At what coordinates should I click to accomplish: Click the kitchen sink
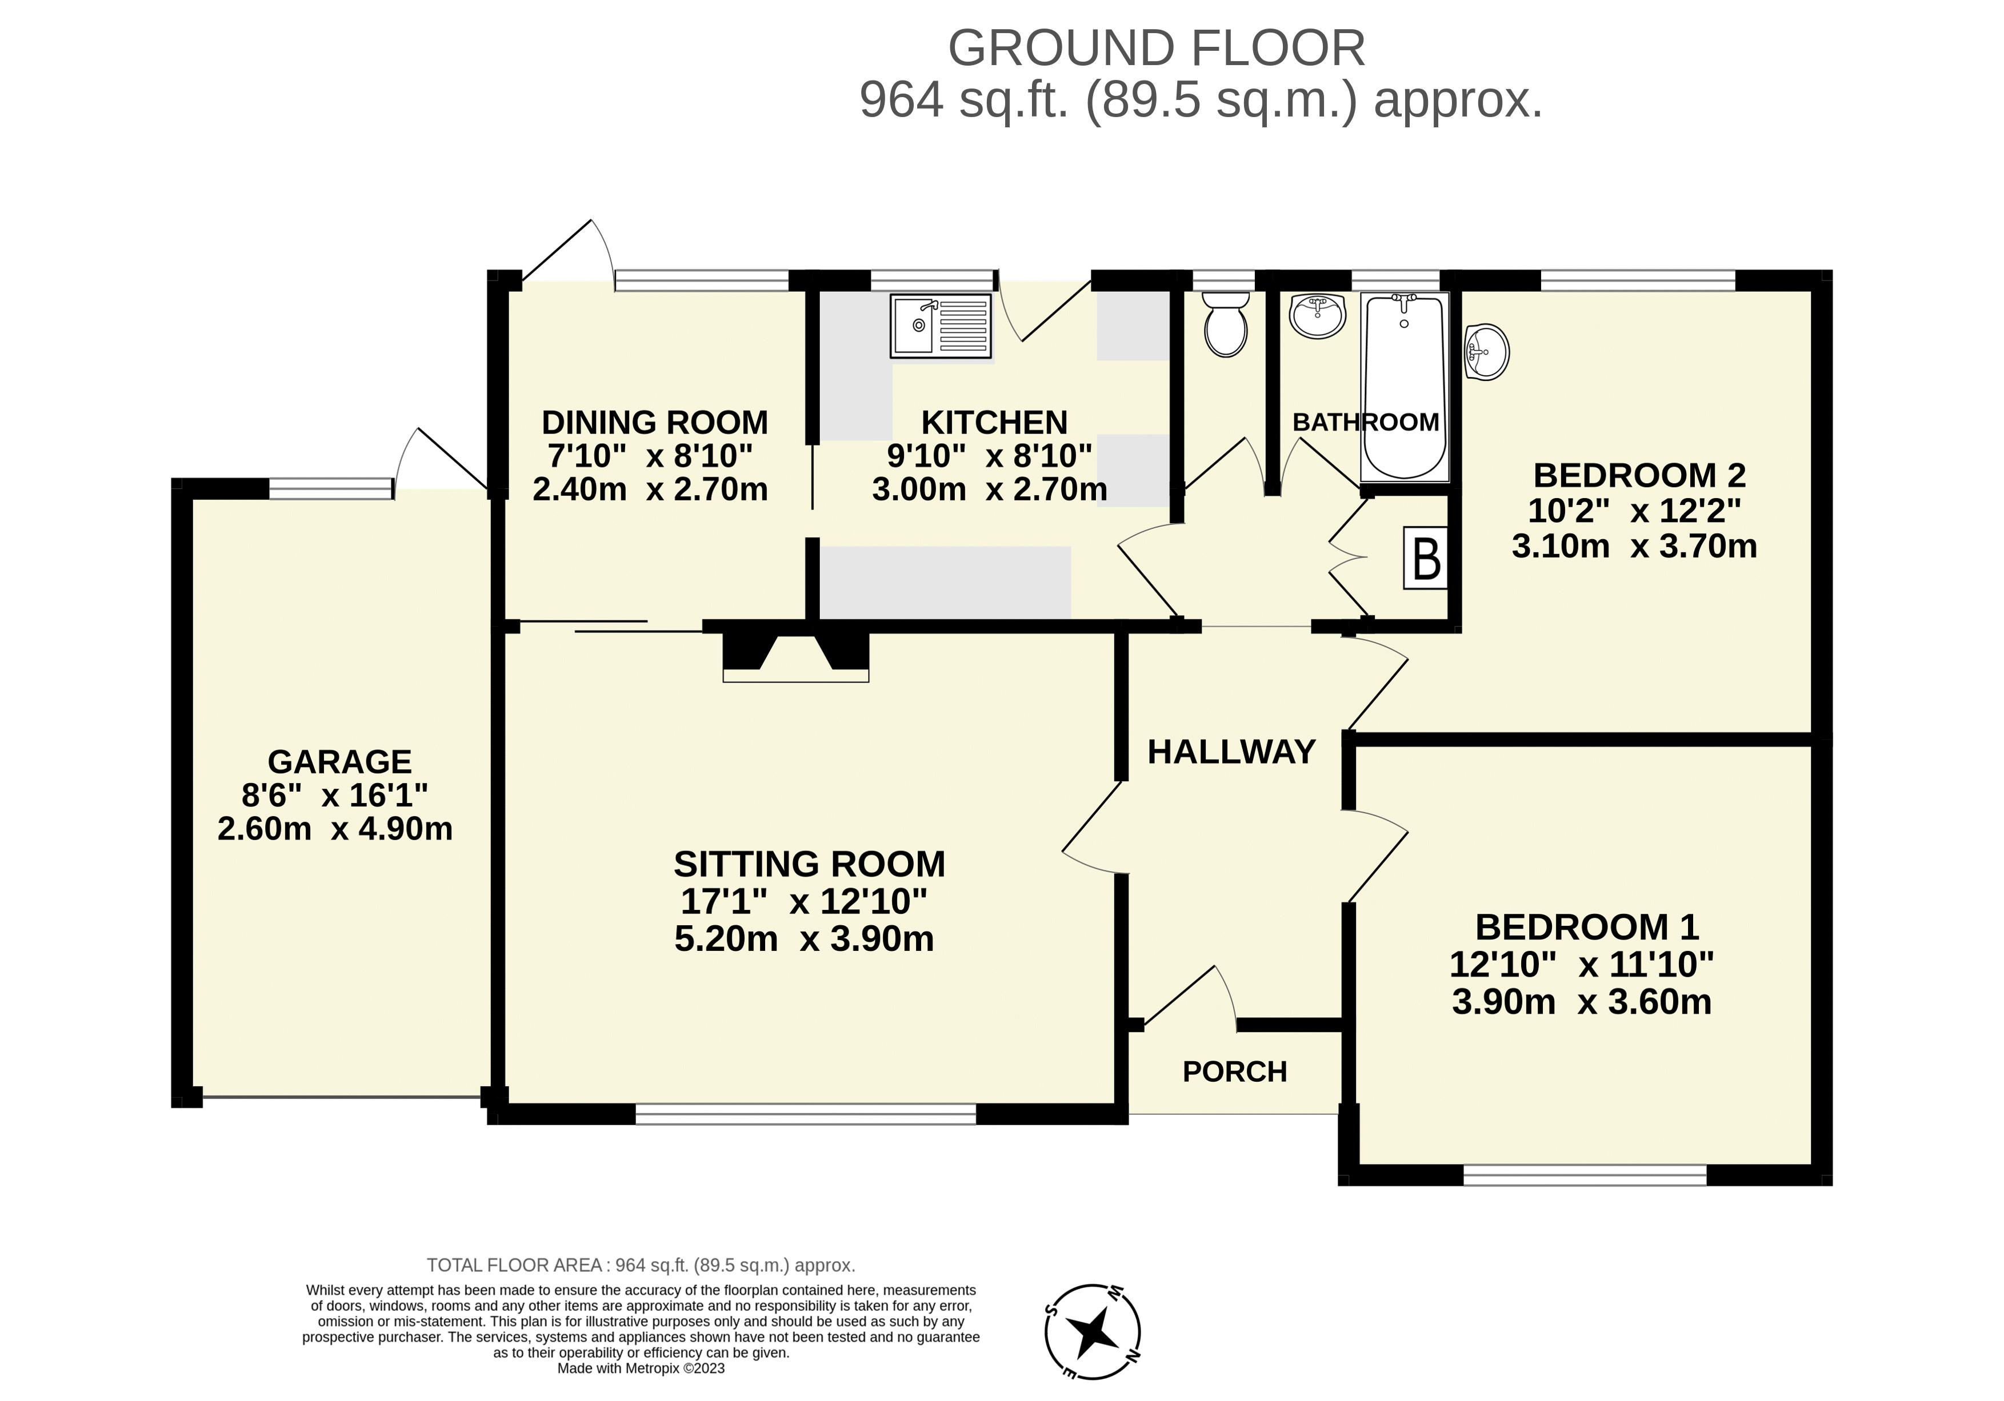pos(941,326)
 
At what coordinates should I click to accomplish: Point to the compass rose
pos(1093,1331)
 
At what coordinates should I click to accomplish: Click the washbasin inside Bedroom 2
pos(1486,352)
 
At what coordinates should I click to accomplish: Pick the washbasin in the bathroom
pos(1318,316)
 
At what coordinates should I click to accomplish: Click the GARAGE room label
pos(339,761)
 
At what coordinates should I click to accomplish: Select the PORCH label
pos(1235,1071)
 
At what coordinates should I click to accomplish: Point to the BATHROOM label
pos(1366,422)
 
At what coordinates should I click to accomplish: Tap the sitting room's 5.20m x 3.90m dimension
pos(804,938)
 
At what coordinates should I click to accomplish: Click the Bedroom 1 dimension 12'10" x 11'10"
pos(1582,964)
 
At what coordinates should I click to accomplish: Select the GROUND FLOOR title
pos(1157,48)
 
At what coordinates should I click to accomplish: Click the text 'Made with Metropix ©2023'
pos(642,1368)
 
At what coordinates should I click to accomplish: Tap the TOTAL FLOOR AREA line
pos(641,1265)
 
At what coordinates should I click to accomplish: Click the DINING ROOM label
pos(655,422)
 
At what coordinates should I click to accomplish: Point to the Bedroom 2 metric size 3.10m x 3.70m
pos(1634,546)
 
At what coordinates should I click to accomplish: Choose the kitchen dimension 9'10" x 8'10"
pos(990,455)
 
